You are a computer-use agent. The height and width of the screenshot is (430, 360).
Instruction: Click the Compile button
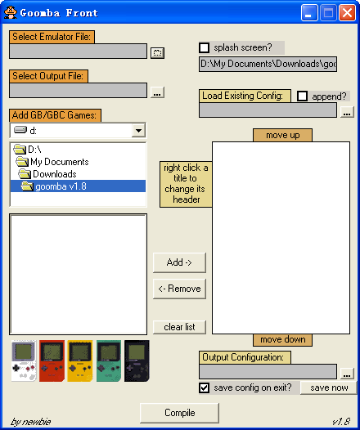[179, 413]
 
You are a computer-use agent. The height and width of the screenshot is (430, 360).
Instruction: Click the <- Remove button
[179, 289]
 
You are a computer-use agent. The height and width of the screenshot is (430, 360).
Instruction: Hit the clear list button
[179, 327]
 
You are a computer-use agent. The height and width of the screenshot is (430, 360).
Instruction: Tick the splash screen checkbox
[205, 47]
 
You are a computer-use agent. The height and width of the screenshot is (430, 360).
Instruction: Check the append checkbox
[303, 96]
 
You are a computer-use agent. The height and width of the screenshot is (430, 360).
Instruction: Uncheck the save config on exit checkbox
[205, 387]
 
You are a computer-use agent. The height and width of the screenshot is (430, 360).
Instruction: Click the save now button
[329, 387]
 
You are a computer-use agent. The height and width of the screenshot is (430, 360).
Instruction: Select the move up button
[282, 135]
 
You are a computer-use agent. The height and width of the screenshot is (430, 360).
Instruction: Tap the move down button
[282, 340]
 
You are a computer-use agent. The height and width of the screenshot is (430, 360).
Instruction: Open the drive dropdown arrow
[138, 130]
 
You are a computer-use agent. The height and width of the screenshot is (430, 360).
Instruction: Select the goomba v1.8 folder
[61, 186]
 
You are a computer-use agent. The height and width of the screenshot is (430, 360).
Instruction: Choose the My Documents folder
[59, 162]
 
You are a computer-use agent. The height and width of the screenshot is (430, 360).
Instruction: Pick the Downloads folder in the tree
[54, 174]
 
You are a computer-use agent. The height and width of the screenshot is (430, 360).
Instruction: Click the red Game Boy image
[52, 361]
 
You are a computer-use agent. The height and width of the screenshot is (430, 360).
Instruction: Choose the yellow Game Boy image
[80, 361]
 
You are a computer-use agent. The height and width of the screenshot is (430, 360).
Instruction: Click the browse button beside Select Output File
[157, 92]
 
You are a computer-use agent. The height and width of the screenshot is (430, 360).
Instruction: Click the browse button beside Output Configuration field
[347, 374]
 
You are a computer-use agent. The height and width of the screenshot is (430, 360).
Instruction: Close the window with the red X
[348, 12]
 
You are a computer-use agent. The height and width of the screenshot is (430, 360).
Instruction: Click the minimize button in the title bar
[309, 12]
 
